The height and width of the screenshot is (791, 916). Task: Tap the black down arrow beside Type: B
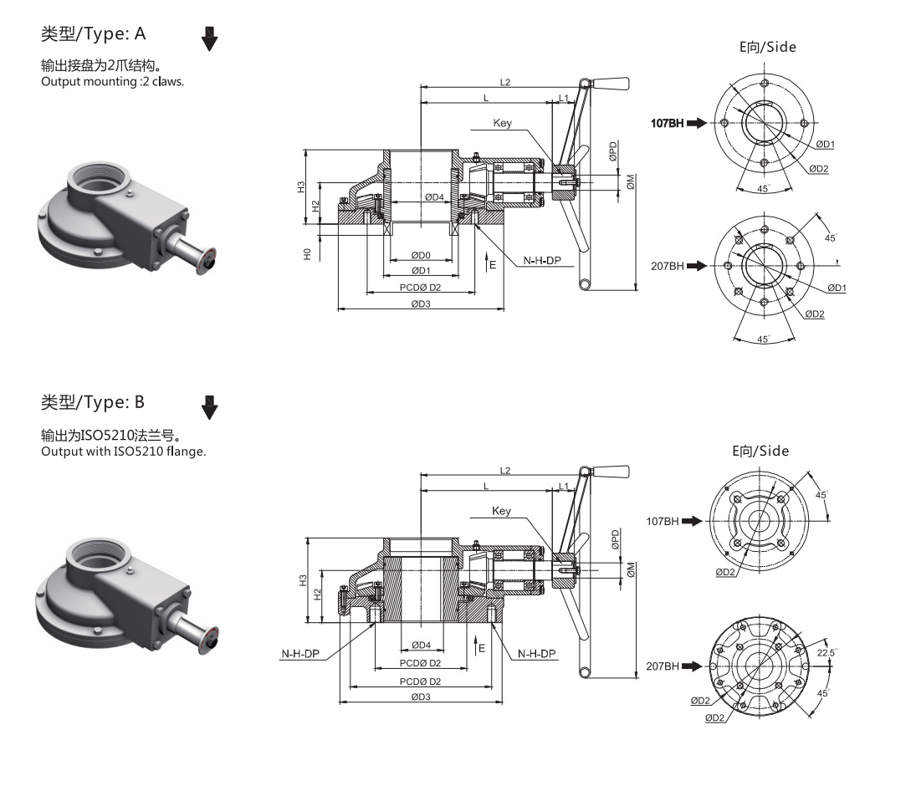[209, 407]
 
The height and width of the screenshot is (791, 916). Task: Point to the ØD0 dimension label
[421, 255]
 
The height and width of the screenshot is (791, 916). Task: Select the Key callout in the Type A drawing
[503, 123]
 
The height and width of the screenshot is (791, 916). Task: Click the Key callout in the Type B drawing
[501, 511]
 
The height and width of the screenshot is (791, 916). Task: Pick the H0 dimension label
[307, 254]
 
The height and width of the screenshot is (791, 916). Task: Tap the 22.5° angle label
[826, 653]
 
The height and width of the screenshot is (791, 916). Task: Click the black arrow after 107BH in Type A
[697, 123]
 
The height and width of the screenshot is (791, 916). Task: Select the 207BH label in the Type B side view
[663, 666]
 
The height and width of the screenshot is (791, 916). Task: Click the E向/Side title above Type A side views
[768, 47]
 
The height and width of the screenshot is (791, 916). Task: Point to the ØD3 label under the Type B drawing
[421, 697]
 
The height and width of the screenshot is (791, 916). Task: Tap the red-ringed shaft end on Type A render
[207, 262]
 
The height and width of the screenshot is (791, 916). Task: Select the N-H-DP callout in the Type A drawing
[542, 260]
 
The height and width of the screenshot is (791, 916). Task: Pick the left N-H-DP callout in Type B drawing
[300, 654]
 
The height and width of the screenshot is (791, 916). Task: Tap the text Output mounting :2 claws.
[113, 82]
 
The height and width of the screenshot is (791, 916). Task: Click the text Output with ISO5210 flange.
[124, 452]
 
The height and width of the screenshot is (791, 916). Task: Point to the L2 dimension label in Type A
[505, 82]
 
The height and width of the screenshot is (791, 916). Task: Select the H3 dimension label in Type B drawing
[303, 580]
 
